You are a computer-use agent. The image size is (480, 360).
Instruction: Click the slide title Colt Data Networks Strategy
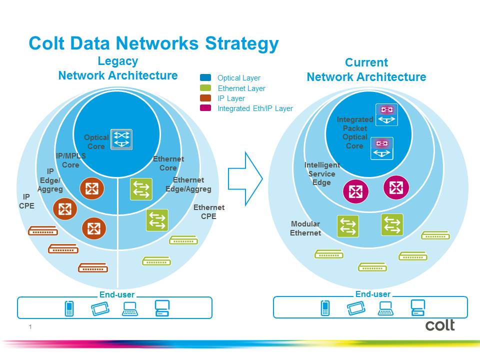point(153,43)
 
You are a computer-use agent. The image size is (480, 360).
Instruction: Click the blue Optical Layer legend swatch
point(205,78)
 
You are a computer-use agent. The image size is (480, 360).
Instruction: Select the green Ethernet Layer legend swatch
point(205,88)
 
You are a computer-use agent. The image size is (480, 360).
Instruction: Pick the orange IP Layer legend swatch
point(205,98)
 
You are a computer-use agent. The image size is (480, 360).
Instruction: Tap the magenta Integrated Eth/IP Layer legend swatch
point(205,108)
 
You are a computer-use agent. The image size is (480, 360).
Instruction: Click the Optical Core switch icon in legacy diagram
point(121,140)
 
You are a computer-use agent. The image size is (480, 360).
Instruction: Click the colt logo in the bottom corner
point(440,325)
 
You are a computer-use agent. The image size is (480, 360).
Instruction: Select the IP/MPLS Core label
point(70,160)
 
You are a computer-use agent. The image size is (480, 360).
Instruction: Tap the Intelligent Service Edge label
point(321,173)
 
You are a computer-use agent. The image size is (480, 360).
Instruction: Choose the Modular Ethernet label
point(305,228)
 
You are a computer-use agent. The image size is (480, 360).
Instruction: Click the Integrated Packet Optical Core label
point(354,132)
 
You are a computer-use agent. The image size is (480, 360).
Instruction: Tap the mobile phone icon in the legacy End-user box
point(69,308)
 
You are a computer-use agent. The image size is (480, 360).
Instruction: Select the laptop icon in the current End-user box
point(385,308)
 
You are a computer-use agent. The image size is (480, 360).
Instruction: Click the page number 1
point(30,327)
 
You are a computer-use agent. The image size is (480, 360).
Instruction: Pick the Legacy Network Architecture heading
point(118,68)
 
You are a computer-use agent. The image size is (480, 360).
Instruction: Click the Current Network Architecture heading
point(366,70)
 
